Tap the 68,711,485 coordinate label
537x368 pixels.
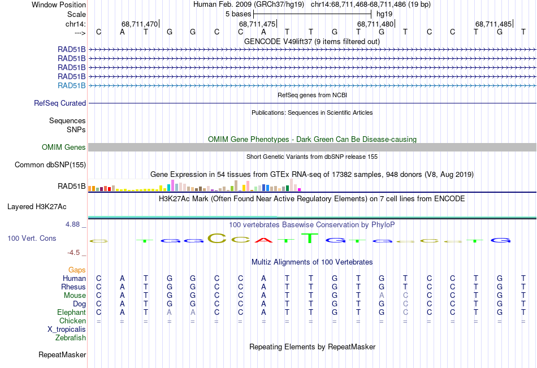493,24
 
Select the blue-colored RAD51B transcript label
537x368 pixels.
72,85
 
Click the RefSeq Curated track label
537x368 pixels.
60,103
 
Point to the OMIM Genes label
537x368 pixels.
64,148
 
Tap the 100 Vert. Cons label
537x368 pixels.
32,239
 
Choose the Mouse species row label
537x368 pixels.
75,295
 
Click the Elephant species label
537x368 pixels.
71,312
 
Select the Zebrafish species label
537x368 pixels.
71,338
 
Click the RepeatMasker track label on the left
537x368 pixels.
62,355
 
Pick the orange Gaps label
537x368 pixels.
77,270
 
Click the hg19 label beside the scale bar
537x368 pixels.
384,13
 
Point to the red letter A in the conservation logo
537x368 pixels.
263,240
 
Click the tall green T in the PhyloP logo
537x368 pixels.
310,238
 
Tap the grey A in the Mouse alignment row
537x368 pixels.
382,295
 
